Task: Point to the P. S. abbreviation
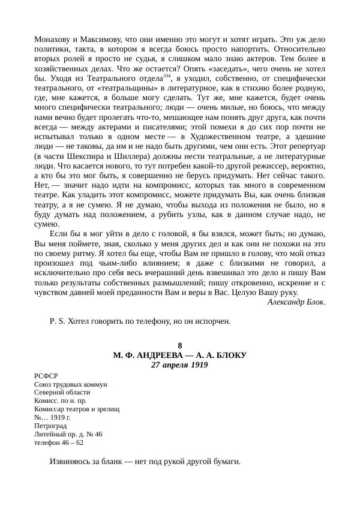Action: tap(58, 321)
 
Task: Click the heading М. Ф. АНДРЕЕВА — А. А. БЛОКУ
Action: tap(180, 356)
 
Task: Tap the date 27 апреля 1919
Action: tap(180, 365)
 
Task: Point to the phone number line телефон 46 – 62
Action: tap(59, 442)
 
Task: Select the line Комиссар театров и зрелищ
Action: tap(77, 409)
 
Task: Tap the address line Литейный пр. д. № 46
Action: tap(69, 434)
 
